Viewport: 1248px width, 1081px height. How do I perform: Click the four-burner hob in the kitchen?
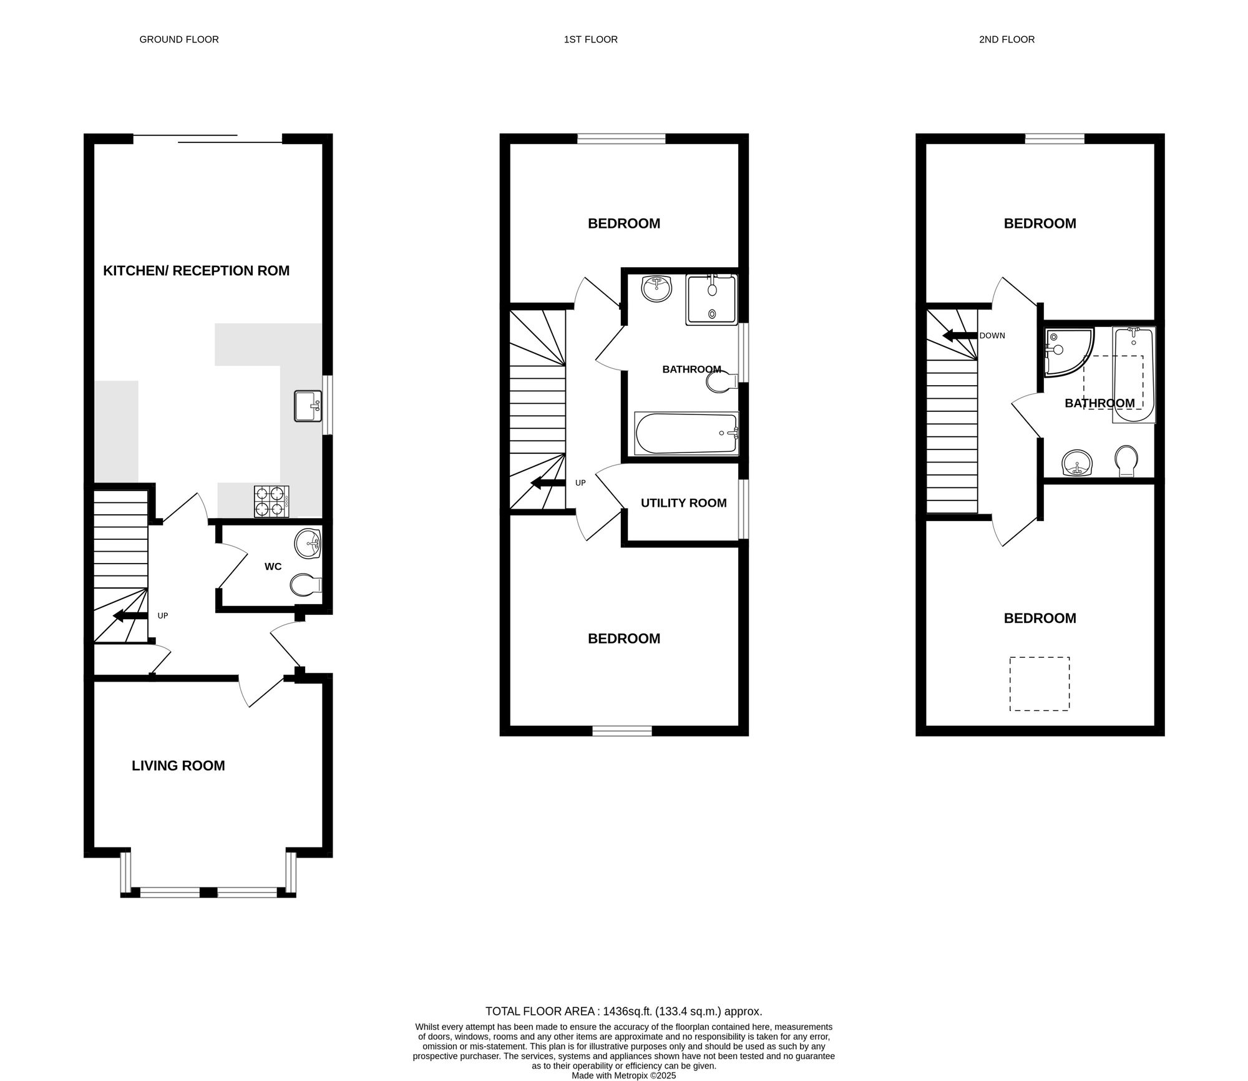point(272,501)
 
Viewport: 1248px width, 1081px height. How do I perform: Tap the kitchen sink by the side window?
point(308,406)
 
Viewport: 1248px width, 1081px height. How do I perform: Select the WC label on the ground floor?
point(273,567)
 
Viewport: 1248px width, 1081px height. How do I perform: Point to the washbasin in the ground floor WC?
point(307,544)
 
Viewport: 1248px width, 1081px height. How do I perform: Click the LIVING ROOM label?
point(178,766)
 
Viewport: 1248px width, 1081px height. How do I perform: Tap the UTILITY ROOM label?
point(684,503)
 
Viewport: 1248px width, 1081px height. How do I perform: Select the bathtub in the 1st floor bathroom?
point(686,433)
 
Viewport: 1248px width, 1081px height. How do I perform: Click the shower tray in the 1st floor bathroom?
point(711,300)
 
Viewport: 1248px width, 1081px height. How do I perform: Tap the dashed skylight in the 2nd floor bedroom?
point(1040,683)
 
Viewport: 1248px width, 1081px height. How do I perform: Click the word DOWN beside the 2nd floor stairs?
point(992,336)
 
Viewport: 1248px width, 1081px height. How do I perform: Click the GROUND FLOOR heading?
point(179,39)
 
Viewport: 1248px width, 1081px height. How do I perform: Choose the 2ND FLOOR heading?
point(1007,39)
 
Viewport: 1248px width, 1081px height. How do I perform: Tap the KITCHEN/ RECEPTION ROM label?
point(197,271)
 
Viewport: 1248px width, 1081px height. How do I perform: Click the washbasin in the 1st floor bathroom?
point(656,289)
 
